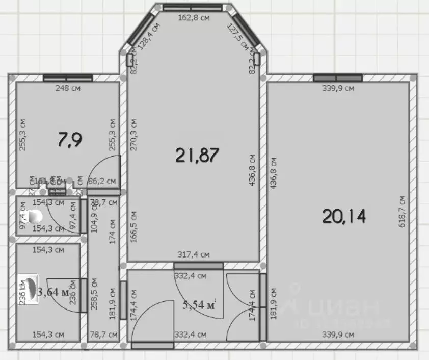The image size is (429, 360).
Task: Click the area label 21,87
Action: click(197, 155)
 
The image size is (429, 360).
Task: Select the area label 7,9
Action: click(70, 139)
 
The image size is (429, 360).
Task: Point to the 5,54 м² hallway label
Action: click(200, 305)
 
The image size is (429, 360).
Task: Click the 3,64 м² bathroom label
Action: click(54, 292)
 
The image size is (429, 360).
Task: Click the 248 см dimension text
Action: click(68, 88)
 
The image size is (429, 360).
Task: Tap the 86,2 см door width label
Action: click(102, 181)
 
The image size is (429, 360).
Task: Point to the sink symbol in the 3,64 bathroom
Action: click(29, 289)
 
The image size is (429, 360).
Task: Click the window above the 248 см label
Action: click(68, 78)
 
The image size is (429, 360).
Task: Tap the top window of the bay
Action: click(193, 7)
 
